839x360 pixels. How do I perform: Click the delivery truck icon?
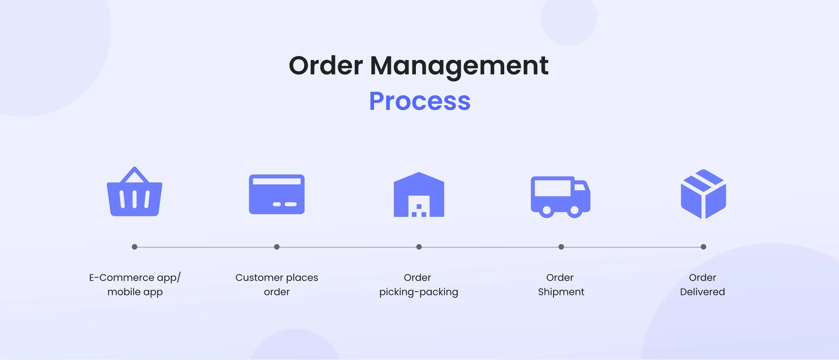(560, 196)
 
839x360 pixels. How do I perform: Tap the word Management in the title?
(459, 66)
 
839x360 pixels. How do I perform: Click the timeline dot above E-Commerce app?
(135, 247)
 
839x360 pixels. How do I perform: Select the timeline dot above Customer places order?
(277, 247)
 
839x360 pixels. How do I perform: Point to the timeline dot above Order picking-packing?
(419, 247)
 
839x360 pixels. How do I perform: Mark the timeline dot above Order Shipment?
(561, 247)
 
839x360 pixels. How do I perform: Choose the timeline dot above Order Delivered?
(703, 247)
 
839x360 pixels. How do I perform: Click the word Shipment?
(561, 292)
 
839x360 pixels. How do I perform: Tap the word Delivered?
(703, 292)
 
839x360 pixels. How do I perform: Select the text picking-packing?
(419, 292)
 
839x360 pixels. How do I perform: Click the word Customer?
(259, 278)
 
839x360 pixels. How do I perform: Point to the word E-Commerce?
(121, 278)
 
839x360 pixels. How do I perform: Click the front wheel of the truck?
(575, 210)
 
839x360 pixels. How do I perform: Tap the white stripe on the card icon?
(277, 181)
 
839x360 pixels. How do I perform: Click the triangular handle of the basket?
(135, 175)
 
